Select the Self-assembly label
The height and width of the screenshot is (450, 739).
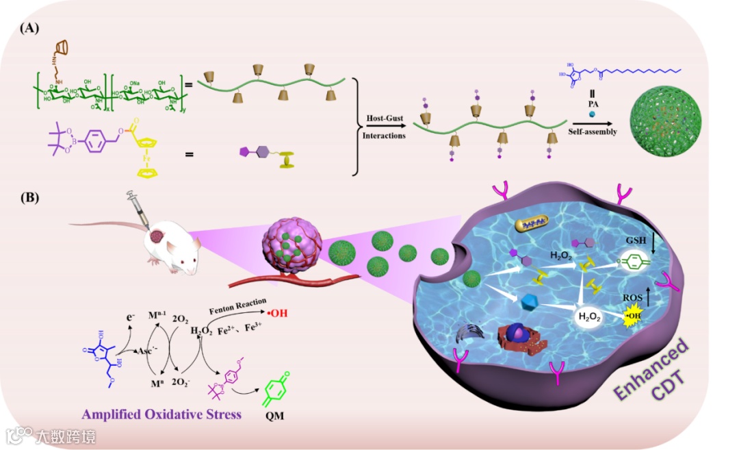pos(592,132)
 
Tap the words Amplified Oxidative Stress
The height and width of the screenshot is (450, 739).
pos(161,414)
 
